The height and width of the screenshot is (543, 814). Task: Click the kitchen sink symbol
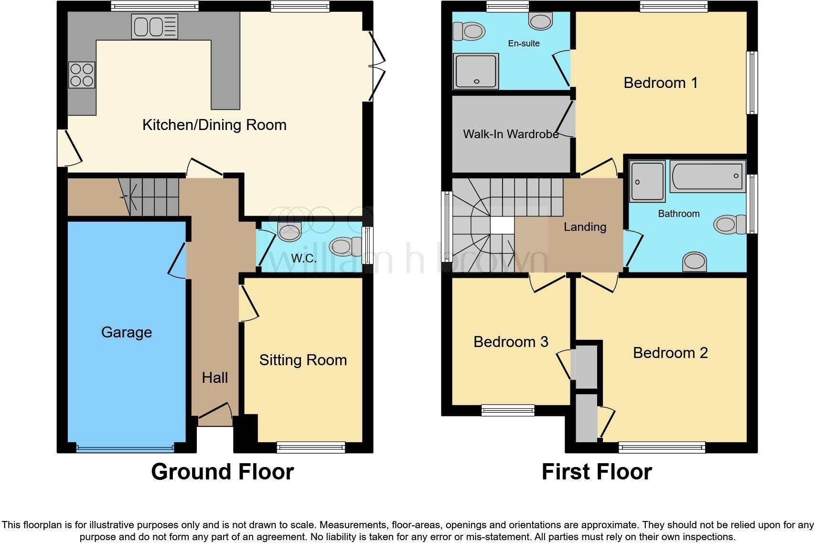click(x=154, y=26)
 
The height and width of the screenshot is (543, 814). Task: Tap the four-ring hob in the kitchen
click(x=82, y=75)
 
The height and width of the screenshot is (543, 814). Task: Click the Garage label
click(x=127, y=332)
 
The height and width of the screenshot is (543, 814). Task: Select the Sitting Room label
click(x=303, y=360)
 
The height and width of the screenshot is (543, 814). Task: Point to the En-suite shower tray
click(x=476, y=71)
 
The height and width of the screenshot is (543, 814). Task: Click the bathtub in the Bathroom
click(x=707, y=176)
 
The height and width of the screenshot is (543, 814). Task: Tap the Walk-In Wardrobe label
click(x=511, y=134)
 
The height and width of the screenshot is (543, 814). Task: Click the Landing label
click(x=585, y=227)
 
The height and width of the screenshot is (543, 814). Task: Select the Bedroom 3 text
click(x=511, y=342)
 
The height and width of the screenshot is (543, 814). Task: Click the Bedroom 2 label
click(x=670, y=353)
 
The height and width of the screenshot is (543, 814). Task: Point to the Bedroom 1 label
click(x=661, y=83)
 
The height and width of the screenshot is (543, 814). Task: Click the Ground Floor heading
click(x=222, y=472)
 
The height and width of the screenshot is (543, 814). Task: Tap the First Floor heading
click(x=596, y=472)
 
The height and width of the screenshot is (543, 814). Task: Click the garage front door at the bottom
click(x=125, y=449)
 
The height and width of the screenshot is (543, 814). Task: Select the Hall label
click(x=214, y=378)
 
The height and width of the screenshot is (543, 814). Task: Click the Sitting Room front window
click(x=311, y=447)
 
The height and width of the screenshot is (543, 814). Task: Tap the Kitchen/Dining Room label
click(x=214, y=125)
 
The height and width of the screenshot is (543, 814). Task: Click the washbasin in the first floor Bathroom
click(x=694, y=262)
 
